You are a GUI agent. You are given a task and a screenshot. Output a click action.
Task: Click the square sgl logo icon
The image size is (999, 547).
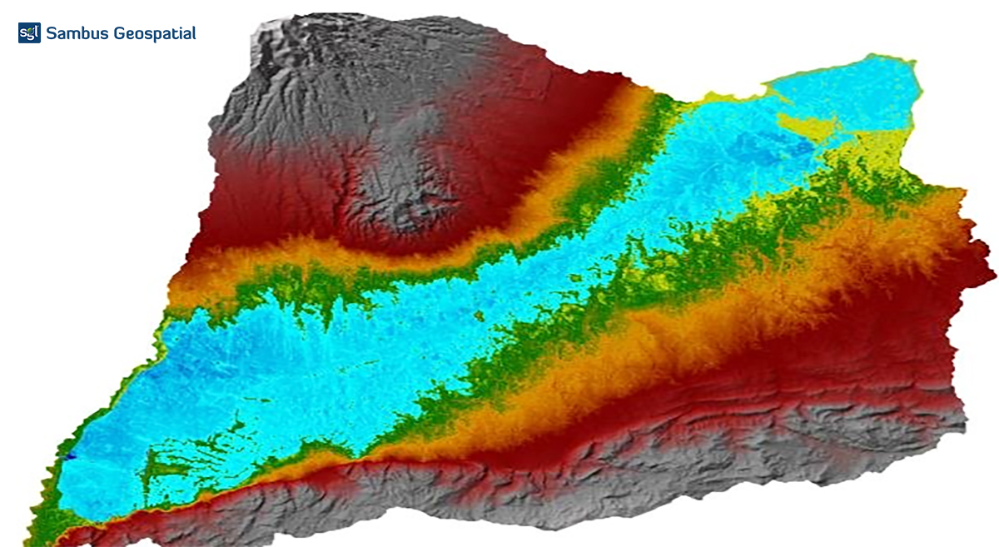pos(29,33)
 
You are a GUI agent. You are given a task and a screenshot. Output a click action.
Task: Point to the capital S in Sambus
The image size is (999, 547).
pos(52,33)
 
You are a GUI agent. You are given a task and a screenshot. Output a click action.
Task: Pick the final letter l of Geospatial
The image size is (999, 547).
pos(194,32)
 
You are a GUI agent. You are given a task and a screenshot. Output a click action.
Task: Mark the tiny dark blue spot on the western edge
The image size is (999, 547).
pos(71,455)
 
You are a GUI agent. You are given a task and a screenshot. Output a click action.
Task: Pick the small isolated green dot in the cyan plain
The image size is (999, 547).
pos(480,315)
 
